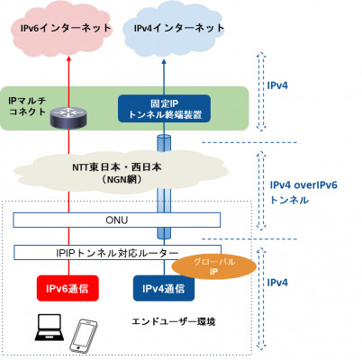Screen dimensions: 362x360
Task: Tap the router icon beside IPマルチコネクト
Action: coord(68,118)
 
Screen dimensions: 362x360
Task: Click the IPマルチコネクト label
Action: coord(27,106)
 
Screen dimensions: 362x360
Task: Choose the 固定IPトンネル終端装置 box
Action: coord(164,109)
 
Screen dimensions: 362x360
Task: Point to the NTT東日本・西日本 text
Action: coord(117,167)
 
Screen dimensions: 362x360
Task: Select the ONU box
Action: coord(117,220)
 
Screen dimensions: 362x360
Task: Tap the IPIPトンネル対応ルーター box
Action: coord(117,253)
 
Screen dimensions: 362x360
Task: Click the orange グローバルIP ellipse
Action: coord(213,267)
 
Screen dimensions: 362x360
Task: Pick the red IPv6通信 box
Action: coord(68,288)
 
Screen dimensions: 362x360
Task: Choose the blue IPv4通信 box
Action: coord(164,288)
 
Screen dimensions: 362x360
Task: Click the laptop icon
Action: coord(50,328)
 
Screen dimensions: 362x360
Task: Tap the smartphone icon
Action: coord(84,336)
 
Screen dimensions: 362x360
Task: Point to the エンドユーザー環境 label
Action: coord(174,322)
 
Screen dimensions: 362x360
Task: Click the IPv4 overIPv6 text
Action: coord(303,185)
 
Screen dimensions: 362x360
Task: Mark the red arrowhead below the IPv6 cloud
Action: coord(68,59)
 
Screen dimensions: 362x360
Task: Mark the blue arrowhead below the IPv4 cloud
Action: coord(164,62)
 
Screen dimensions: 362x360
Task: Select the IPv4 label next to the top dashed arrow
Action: coord(277,85)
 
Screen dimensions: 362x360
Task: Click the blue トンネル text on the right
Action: coord(289,200)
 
